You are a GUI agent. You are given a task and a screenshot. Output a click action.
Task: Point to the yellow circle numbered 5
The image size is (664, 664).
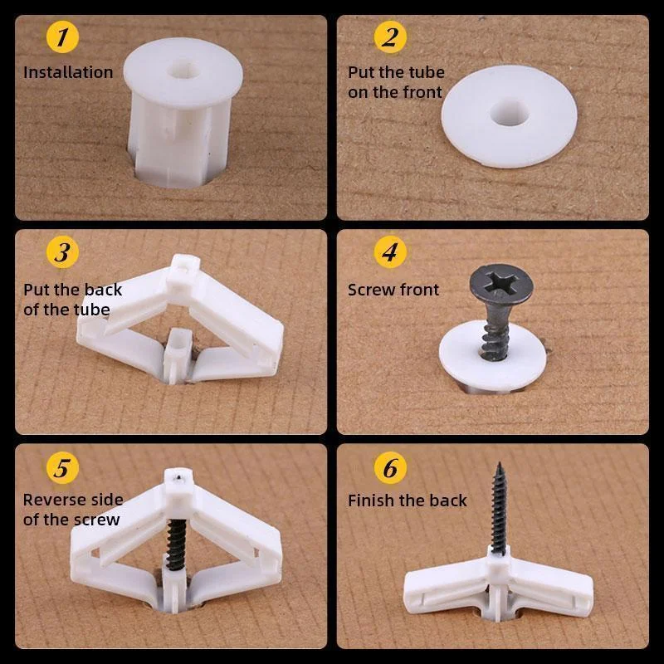pos(61,467)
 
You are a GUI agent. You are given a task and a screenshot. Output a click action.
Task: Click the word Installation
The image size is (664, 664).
pos(68,72)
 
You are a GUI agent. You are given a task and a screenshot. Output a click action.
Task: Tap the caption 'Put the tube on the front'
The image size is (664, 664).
pos(396,82)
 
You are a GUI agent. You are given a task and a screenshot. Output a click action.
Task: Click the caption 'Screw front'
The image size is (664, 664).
pos(393,290)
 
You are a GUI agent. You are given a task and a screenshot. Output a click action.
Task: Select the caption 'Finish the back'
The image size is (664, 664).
pos(407,500)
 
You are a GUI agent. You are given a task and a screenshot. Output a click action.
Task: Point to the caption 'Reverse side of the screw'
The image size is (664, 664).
pos(72,510)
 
